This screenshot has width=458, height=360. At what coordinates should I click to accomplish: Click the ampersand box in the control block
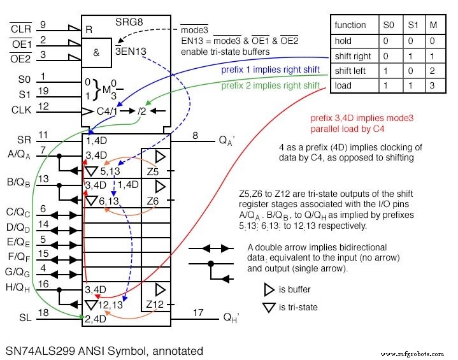pyautogui.click(x=97, y=53)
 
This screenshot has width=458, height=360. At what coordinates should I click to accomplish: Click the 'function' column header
pyautogui.click(x=351, y=25)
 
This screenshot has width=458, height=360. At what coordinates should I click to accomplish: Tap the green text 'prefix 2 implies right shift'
pyautogui.click(x=270, y=85)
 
